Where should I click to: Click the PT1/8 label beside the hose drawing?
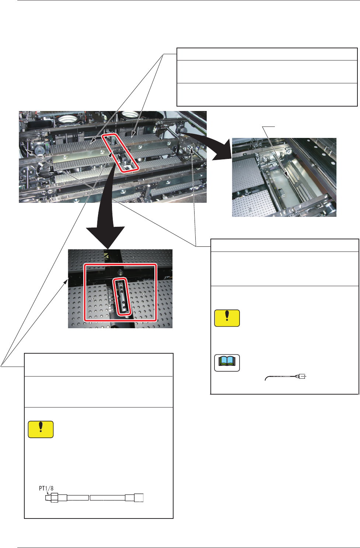46,488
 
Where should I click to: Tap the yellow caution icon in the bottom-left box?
41,429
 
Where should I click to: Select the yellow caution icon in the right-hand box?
227,318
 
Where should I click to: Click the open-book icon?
227,363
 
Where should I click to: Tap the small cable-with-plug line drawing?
286,377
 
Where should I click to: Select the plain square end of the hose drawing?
139,498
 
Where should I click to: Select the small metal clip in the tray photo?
281,193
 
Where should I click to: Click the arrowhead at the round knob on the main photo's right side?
192,150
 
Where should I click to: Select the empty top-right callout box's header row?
267,54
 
